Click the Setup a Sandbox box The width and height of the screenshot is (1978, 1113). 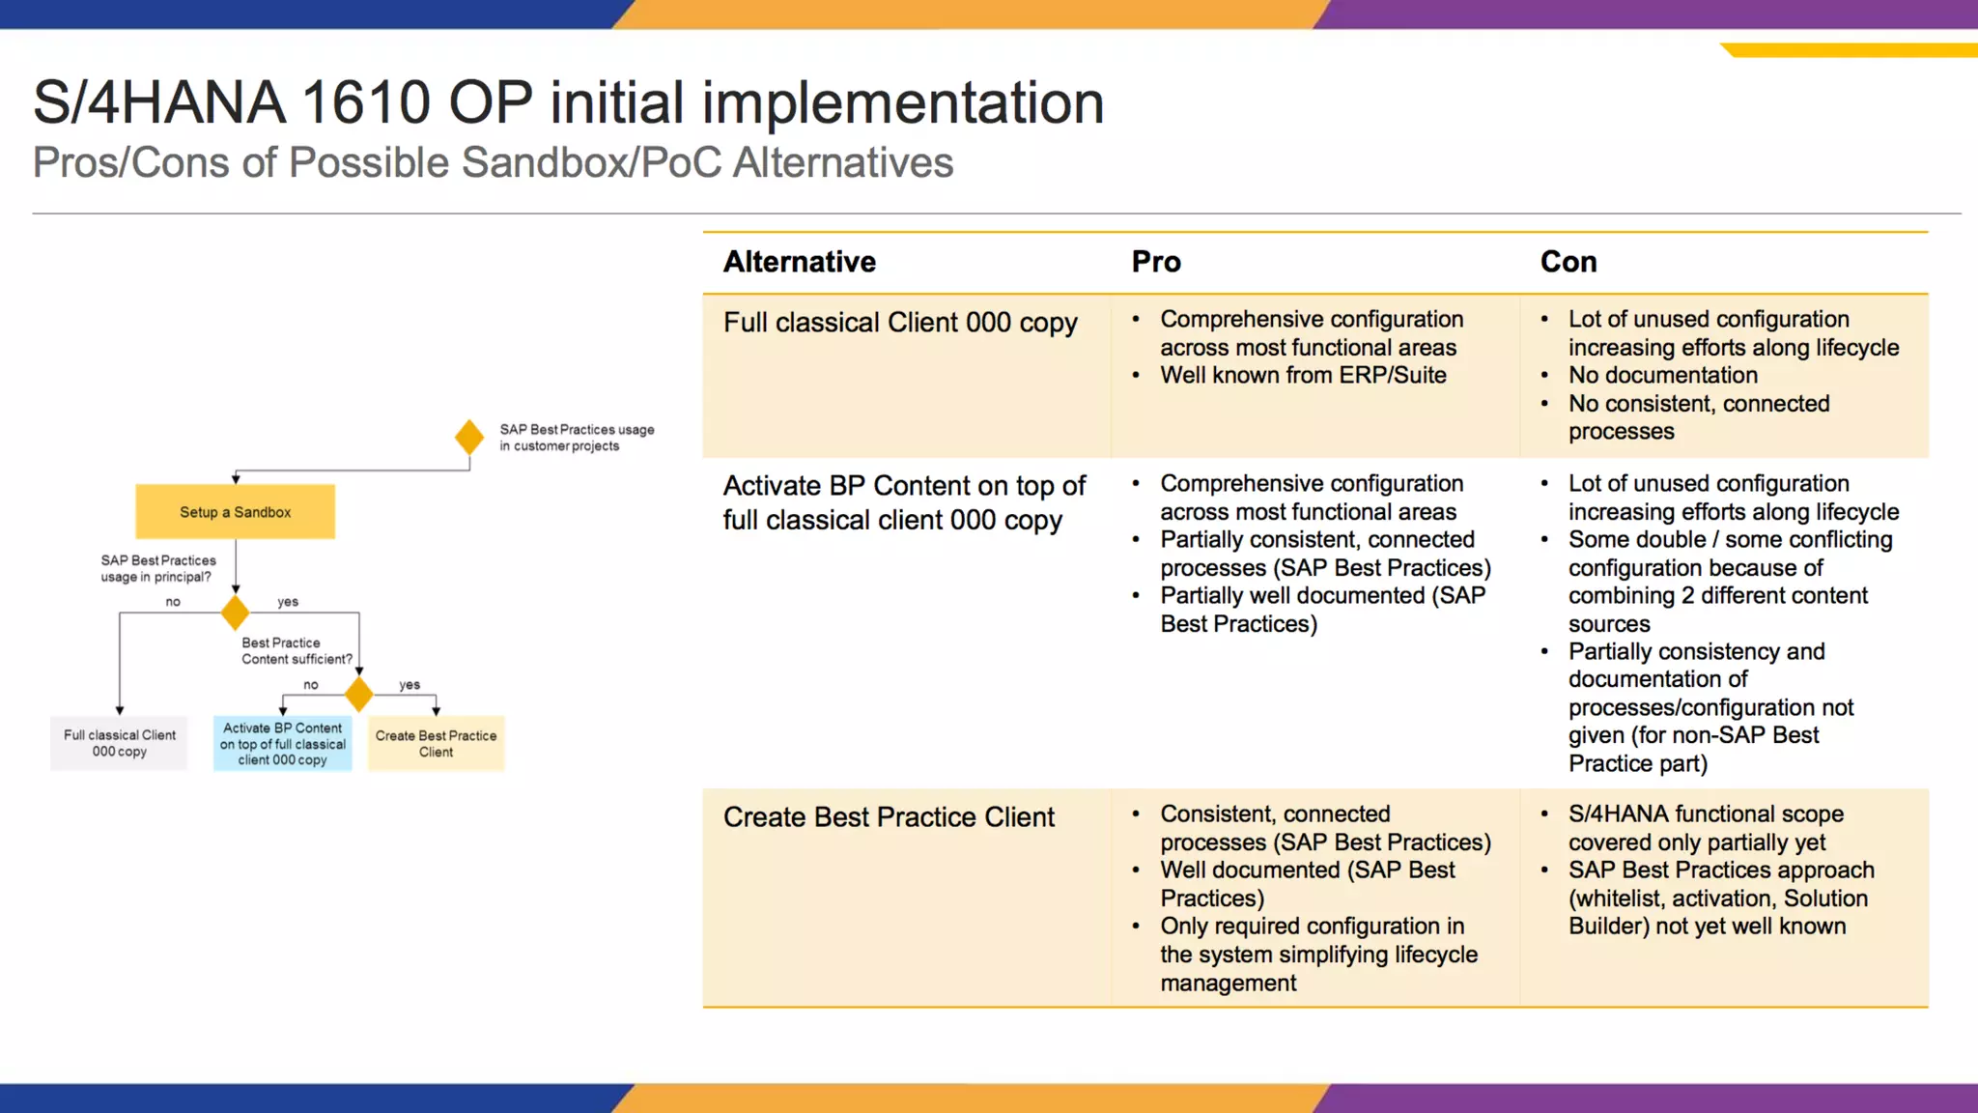[x=235, y=512]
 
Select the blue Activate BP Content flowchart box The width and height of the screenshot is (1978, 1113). [x=282, y=744]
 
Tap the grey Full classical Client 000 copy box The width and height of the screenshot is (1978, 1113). [x=119, y=743]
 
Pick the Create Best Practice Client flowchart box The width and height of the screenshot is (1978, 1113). [x=436, y=744]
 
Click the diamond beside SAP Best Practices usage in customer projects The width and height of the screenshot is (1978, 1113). [x=469, y=438]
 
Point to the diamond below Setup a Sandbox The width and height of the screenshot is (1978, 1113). [x=235, y=613]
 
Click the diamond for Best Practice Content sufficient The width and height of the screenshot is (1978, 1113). [x=359, y=694]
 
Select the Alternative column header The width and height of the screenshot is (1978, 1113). [x=799, y=262]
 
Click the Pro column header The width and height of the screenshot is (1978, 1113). [x=1156, y=262]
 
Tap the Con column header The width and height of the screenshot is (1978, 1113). [x=1568, y=262]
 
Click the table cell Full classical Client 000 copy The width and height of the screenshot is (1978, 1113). [x=900, y=323]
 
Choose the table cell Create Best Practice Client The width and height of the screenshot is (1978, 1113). [x=889, y=817]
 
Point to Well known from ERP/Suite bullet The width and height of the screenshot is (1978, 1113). [x=1303, y=375]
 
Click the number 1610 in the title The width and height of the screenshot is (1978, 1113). [x=365, y=102]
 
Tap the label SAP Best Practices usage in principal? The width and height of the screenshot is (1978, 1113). [x=157, y=568]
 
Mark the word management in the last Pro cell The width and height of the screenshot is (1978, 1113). [x=1228, y=983]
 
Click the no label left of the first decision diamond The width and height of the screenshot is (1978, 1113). [x=173, y=602]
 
